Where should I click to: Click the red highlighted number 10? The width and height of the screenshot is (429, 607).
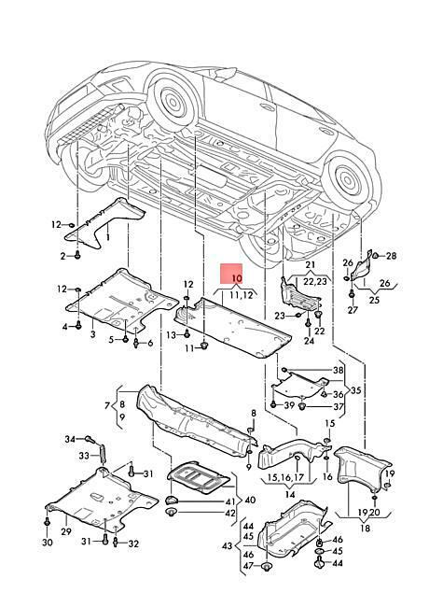click(237, 278)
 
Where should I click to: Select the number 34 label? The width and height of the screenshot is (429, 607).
click(70, 439)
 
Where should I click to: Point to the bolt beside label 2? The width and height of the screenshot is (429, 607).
click(77, 255)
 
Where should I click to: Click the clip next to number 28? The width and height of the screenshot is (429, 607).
click(375, 255)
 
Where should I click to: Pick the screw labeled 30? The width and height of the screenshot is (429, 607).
click(48, 522)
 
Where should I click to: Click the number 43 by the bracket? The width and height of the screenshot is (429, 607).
click(228, 546)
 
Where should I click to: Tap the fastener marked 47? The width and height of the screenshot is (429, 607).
click(267, 566)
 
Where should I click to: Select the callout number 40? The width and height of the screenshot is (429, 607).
click(250, 501)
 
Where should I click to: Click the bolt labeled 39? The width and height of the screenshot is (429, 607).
click(273, 404)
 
